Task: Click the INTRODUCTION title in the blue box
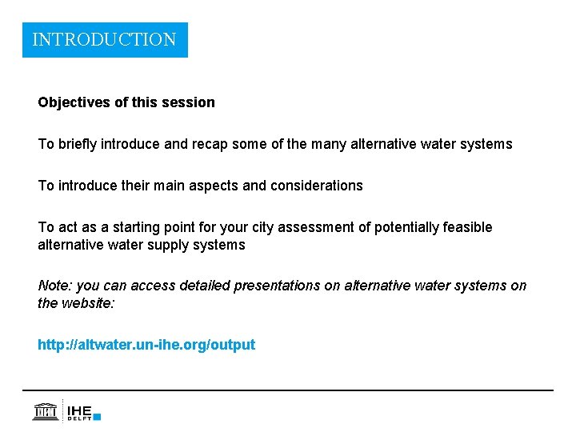(x=104, y=39)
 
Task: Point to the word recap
(x=220, y=144)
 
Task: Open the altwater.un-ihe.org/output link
(x=146, y=345)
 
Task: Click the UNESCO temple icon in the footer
(x=45, y=411)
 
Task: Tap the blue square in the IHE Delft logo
(x=97, y=416)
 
